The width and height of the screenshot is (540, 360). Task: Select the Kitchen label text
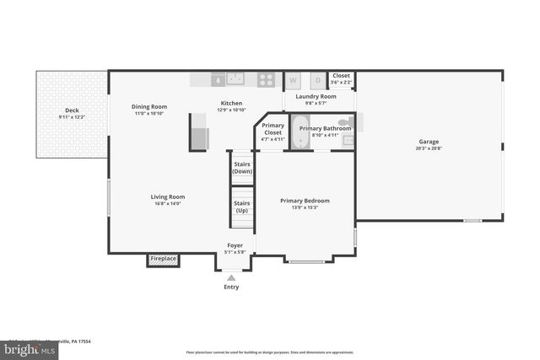tap(231, 106)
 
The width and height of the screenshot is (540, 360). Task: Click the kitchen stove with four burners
tap(266, 80)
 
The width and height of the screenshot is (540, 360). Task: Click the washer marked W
tap(294, 81)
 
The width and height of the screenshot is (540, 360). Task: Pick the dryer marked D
tap(317, 81)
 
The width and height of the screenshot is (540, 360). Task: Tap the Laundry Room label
tap(316, 97)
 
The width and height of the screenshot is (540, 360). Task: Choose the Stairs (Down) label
tap(242, 168)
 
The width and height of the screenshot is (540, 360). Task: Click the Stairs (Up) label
tap(242, 207)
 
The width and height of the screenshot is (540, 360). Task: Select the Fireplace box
tap(164, 259)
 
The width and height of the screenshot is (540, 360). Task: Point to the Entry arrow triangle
tap(231, 277)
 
